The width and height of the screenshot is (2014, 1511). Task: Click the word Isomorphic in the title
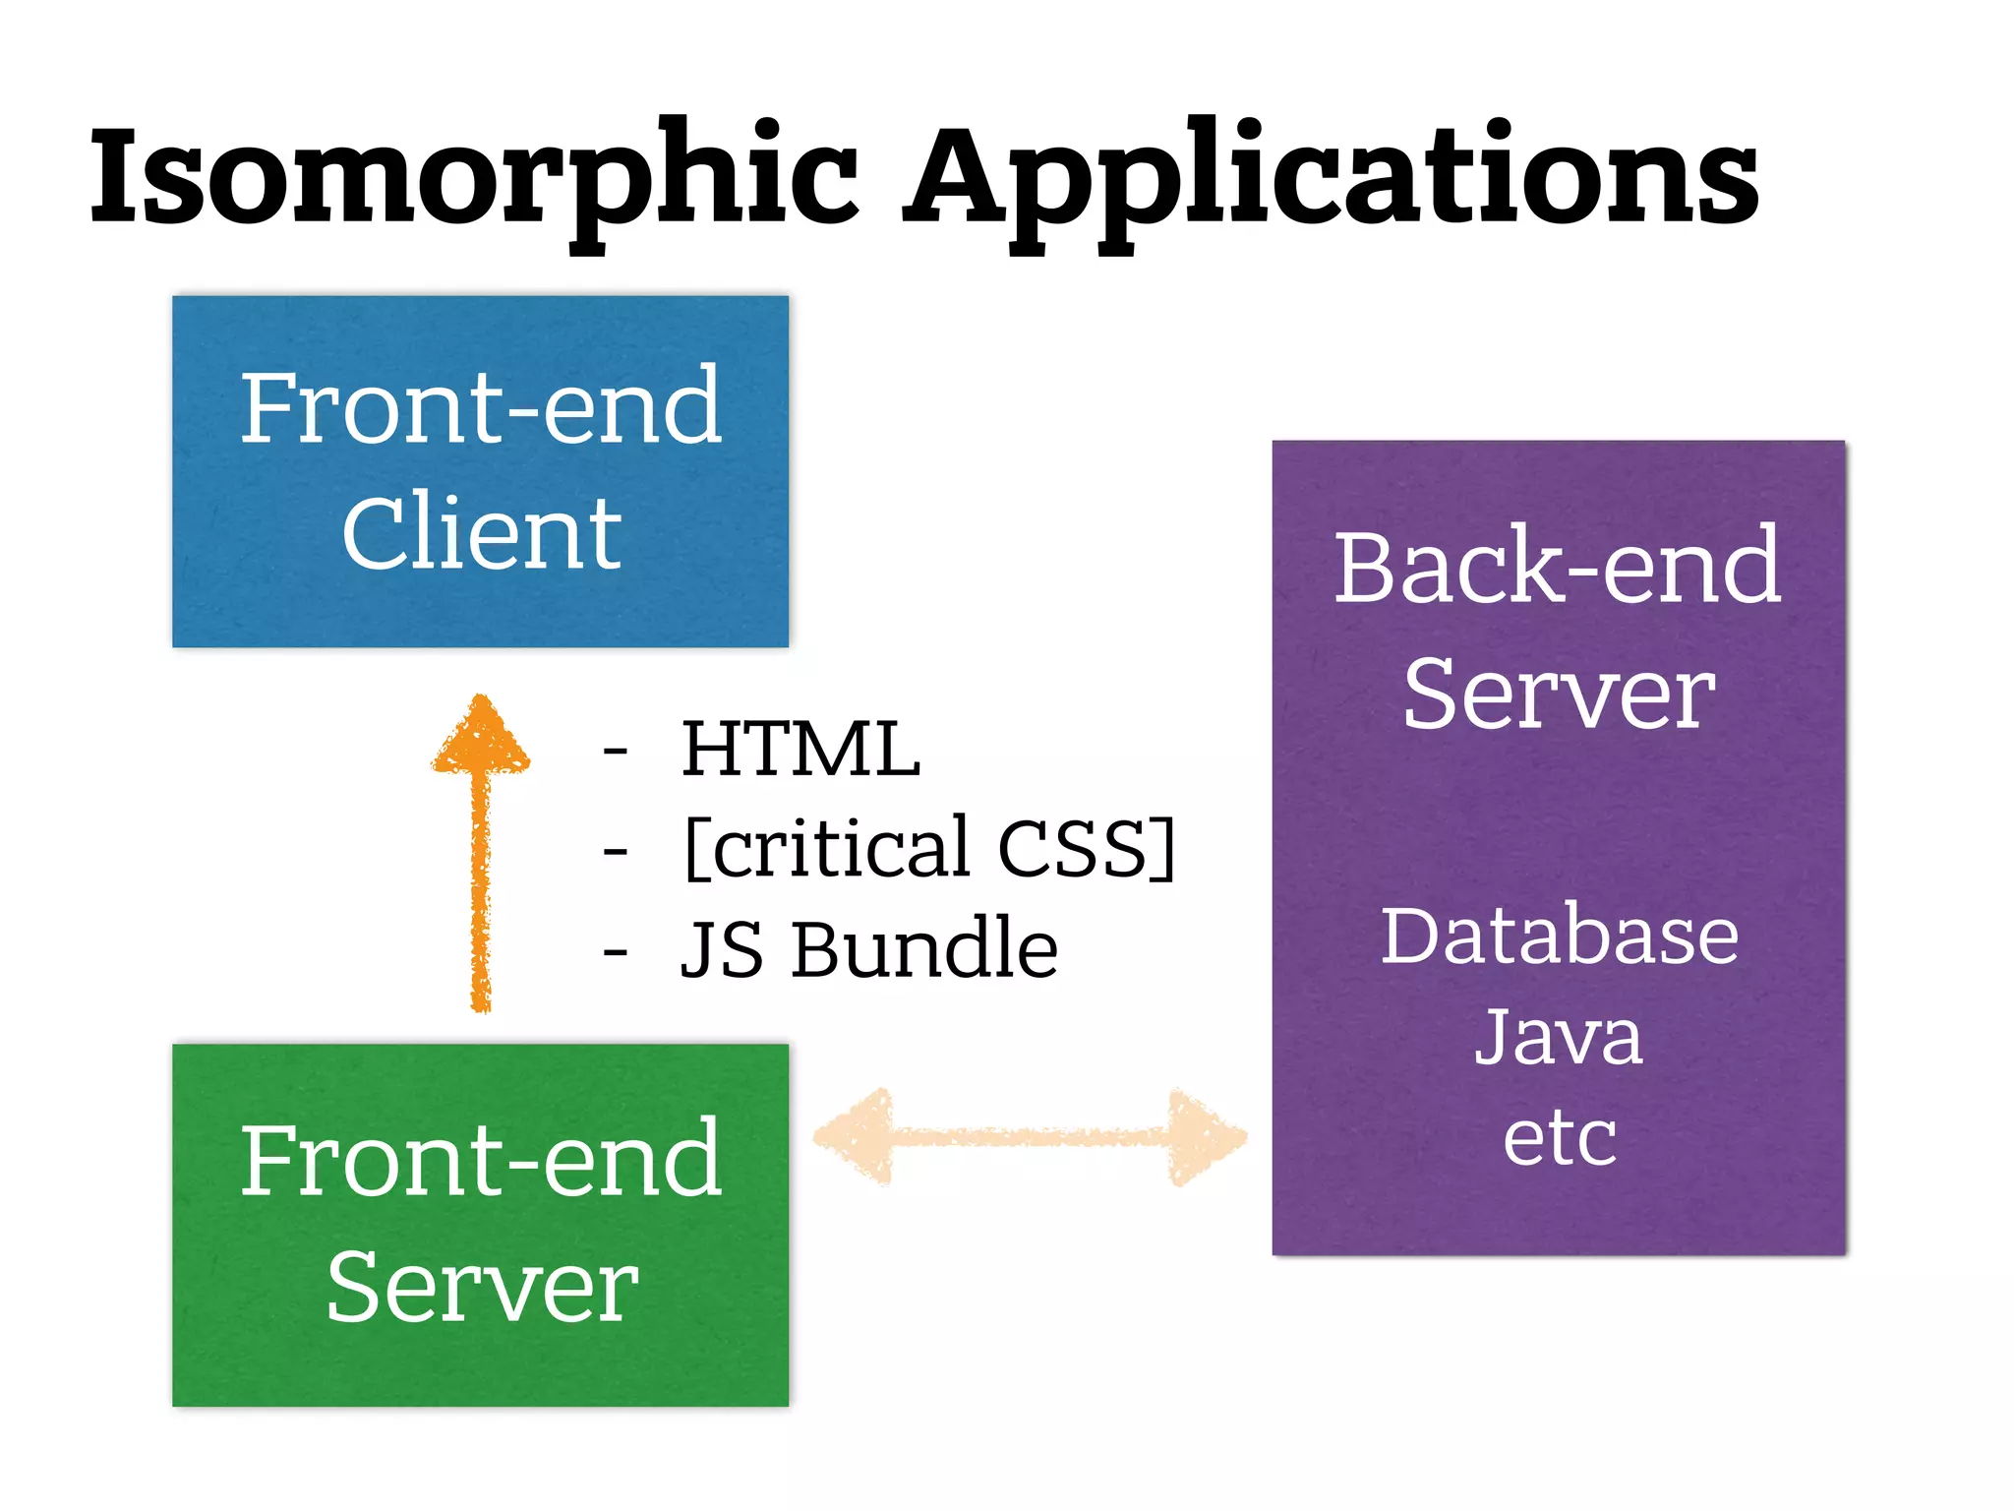(472, 177)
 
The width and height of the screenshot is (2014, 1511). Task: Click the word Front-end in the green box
(481, 1161)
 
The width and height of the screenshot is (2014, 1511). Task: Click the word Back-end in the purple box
(1558, 568)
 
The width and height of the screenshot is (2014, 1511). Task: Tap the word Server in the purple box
(1558, 695)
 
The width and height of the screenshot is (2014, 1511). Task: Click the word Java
(1559, 1037)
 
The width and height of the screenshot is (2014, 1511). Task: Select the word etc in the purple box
(1559, 1138)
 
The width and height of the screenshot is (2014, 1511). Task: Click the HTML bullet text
(800, 750)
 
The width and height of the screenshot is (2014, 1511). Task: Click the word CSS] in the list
(1086, 848)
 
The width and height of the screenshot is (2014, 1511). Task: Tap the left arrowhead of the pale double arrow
(856, 1136)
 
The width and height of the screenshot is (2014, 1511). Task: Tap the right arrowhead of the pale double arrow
(1205, 1136)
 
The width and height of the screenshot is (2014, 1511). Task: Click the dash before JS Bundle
(616, 952)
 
